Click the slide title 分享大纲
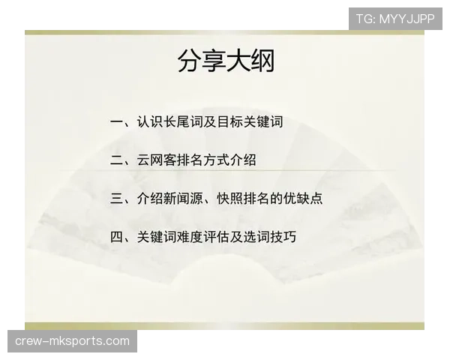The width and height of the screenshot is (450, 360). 226,60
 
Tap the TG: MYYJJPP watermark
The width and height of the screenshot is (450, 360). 395,19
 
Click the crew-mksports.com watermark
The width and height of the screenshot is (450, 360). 72,341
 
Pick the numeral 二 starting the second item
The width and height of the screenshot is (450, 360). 117,160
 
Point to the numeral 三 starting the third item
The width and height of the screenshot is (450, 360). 117,199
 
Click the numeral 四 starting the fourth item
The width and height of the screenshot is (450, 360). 117,238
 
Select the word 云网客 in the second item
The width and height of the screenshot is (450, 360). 154,160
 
